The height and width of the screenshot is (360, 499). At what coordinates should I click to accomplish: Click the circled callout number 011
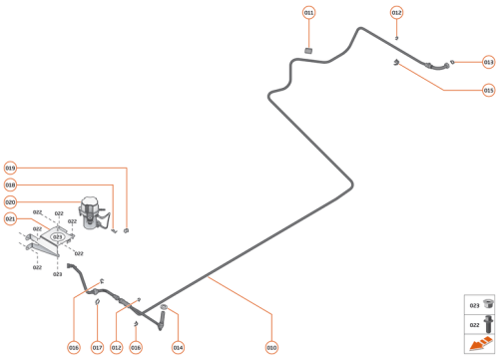click(308, 12)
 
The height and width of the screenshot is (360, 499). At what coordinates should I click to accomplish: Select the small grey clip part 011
click(308, 49)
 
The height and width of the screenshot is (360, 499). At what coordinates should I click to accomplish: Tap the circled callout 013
click(488, 62)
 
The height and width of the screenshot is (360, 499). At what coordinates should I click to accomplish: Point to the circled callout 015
click(488, 90)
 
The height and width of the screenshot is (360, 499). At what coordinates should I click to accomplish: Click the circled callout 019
click(10, 169)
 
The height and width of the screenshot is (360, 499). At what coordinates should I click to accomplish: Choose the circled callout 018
click(10, 185)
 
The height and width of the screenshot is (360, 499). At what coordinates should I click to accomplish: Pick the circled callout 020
click(10, 202)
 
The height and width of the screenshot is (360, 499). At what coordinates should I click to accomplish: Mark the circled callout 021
click(10, 218)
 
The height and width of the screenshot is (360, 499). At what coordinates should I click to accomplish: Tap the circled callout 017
click(97, 347)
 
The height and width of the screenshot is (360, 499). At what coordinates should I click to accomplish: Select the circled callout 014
click(178, 347)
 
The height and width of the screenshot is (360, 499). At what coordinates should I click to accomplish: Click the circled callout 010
click(270, 347)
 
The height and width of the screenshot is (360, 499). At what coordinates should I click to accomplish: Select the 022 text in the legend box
click(474, 323)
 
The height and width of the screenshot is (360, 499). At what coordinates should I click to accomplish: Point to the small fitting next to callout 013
click(453, 62)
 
